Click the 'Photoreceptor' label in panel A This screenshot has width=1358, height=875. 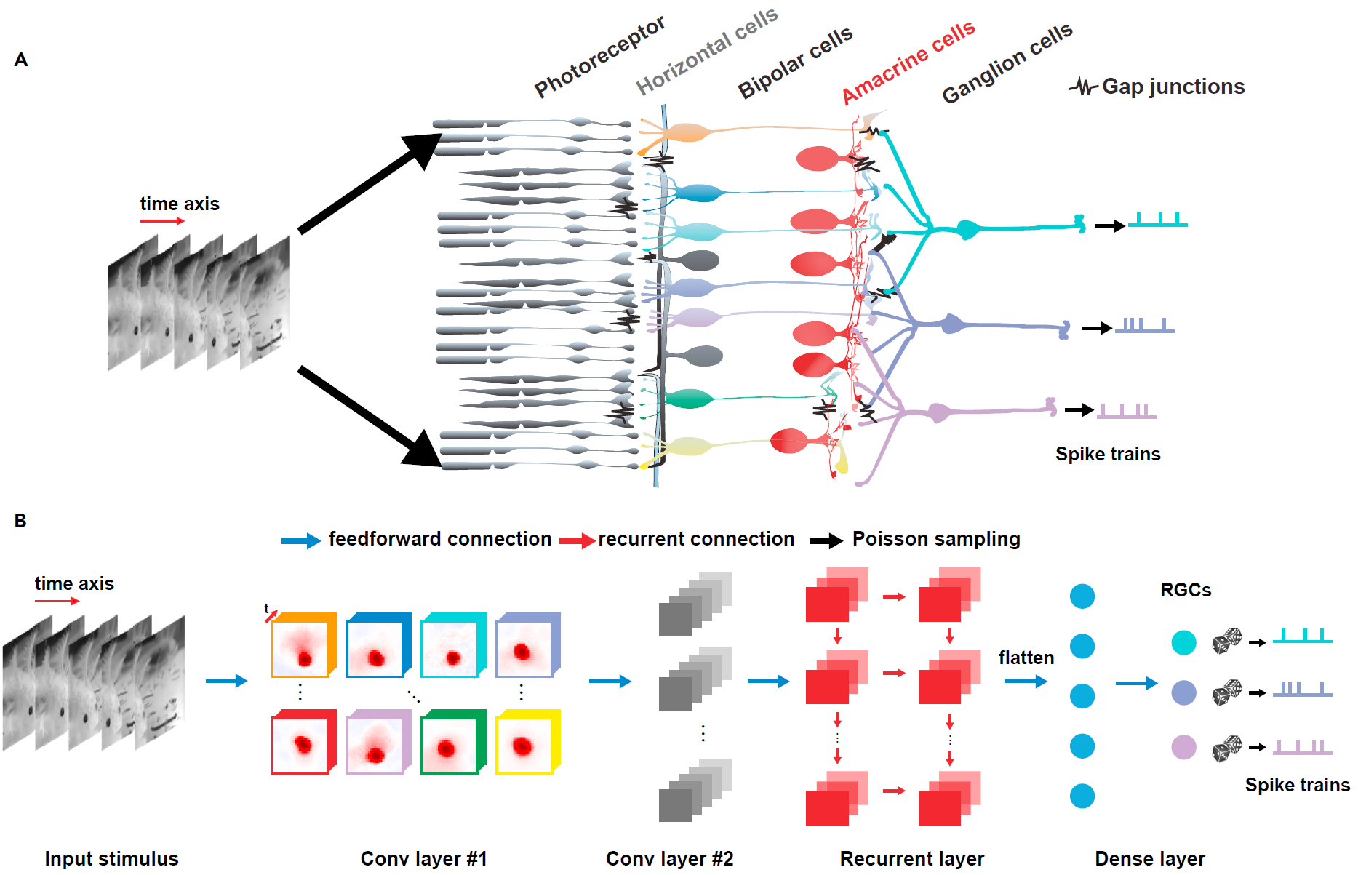point(599,57)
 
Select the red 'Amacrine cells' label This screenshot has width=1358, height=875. point(908,63)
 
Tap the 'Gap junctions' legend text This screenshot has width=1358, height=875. point(1173,87)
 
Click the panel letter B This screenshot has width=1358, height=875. point(20,521)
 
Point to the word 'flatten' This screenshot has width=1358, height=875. point(1026,658)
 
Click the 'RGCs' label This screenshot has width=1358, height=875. point(1186,590)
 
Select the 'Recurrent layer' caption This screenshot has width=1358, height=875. point(911,858)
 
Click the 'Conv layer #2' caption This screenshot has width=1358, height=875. point(669,858)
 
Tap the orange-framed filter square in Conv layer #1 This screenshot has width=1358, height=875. point(303,646)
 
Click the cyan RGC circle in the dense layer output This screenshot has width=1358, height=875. point(1183,642)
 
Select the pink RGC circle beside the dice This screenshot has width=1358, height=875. point(1183,747)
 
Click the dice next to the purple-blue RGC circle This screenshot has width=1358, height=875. point(1226,692)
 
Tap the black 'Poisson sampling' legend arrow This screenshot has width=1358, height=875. point(826,540)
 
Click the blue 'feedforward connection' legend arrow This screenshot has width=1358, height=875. point(300,540)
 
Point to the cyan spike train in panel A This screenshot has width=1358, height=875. point(1157,220)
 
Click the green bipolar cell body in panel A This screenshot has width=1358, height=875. point(688,399)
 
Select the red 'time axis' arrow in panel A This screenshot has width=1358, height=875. point(162,221)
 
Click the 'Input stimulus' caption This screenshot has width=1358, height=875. point(111,858)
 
